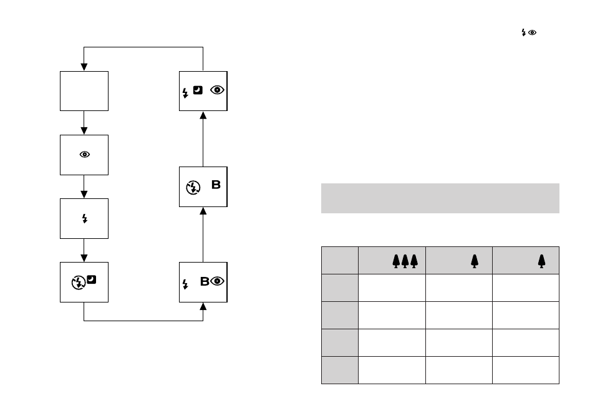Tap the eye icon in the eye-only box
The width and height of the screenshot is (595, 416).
[x=85, y=155]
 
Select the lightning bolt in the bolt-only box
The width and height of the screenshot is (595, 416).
[x=85, y=219]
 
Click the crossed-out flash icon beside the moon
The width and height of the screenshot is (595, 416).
[x=79, y=283]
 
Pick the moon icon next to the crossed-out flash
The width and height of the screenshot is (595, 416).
[x=92, y=280]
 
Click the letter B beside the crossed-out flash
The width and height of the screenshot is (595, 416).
[x=216, y=185]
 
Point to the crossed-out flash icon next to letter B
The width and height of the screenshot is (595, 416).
[x=193, y=188]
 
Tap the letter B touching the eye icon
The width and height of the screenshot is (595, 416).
[x=205, y=281]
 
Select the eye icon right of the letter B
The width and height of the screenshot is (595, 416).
[x=217, y=281]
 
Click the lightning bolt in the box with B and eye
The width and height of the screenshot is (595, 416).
[x=185, y=284]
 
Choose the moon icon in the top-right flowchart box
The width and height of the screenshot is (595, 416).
[x=198, y=90]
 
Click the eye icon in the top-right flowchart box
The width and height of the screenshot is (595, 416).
[x=217, y=90]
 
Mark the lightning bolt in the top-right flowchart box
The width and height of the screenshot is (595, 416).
[x=185, y=93]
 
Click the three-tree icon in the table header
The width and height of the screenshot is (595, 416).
[x=405, y=261]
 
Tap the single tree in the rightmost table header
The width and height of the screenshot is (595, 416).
[x=541, y=261]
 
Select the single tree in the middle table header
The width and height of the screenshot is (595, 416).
[x=475, y=261]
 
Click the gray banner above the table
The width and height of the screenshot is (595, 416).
[x=440, y=198]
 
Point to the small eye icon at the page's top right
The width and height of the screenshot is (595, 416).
[x=533, y=32]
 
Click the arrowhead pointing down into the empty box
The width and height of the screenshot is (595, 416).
[x=84, y=67]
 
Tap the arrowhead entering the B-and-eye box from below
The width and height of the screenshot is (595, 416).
[x=203, y=306]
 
